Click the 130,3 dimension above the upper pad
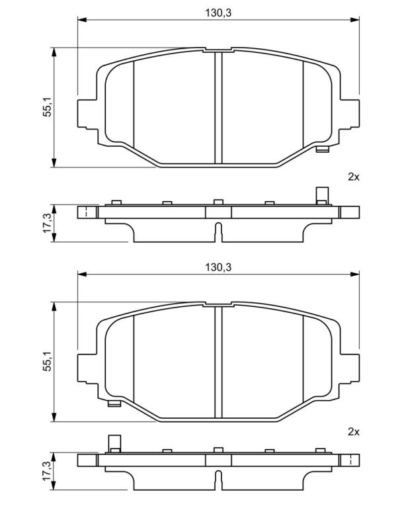(x=218, y=13)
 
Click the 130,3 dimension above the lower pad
(x=218, y=267)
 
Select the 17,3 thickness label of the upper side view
(x=47, y=223)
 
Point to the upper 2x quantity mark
(x=353, y=177)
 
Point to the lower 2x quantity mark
(x=353, y=431)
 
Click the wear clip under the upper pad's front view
(x=322, y=149)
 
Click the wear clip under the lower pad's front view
(x=114, y=403)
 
